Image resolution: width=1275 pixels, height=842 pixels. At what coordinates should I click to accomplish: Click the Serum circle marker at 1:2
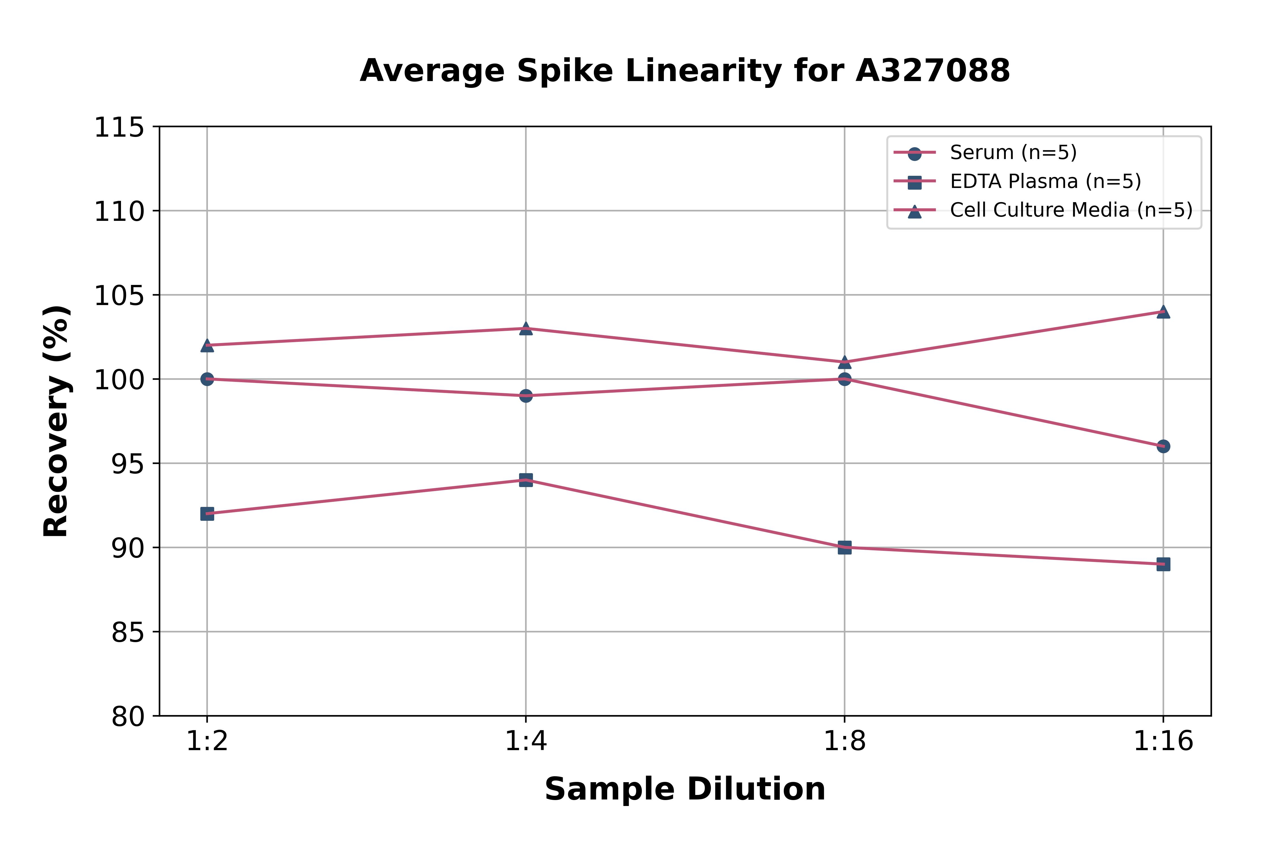click(207, 379)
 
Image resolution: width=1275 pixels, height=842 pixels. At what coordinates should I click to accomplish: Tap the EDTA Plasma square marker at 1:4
click(526, 480)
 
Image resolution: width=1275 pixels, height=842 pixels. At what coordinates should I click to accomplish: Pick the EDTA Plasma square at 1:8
click(845, 548)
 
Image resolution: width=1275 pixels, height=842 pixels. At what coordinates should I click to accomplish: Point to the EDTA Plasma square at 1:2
click(207, 514)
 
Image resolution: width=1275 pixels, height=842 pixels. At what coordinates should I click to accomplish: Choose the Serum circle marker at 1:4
click(526, 396)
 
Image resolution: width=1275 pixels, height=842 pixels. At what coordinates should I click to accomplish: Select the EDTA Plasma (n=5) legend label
click(1045, 181)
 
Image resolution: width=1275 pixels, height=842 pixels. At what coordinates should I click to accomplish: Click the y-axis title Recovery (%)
click(56, 422)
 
